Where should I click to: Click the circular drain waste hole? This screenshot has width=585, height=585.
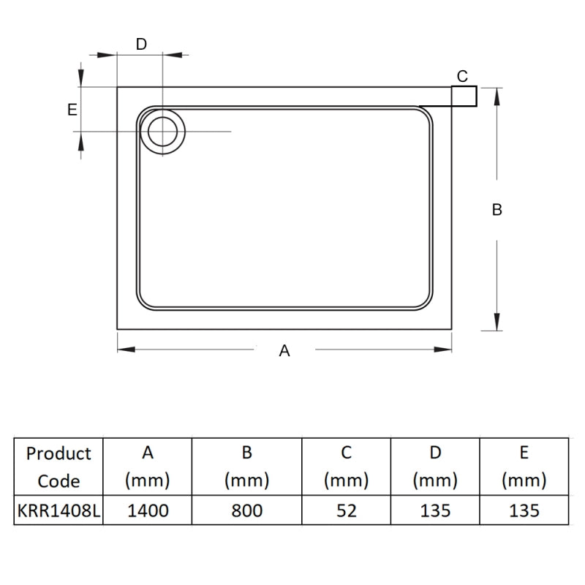click(162, 131)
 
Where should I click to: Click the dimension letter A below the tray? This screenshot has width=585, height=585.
click(285, 351)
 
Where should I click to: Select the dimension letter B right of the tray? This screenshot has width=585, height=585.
click(497, 210)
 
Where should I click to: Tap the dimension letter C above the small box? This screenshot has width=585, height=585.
click(462, 76)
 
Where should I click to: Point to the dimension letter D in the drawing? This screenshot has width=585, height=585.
click(142, 44)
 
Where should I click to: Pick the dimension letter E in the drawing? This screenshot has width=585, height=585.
click(72, 110)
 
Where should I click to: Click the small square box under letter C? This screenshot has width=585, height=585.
click(464, 96)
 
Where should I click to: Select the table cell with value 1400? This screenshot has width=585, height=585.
click(148, 510)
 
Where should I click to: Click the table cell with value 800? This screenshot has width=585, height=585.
click(247, 510)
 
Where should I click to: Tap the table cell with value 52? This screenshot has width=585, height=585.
click(347, 510)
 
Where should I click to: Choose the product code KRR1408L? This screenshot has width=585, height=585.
click(58, 510)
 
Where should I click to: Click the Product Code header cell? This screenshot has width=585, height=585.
click(58, 467)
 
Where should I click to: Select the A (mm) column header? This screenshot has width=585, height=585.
click(148, 467)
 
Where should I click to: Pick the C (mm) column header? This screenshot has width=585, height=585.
click(347, 467)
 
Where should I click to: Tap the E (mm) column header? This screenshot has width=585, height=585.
click(524, 467)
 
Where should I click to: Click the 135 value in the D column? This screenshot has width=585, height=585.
click(435, 510)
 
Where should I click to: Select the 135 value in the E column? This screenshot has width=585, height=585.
click(524, 510)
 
